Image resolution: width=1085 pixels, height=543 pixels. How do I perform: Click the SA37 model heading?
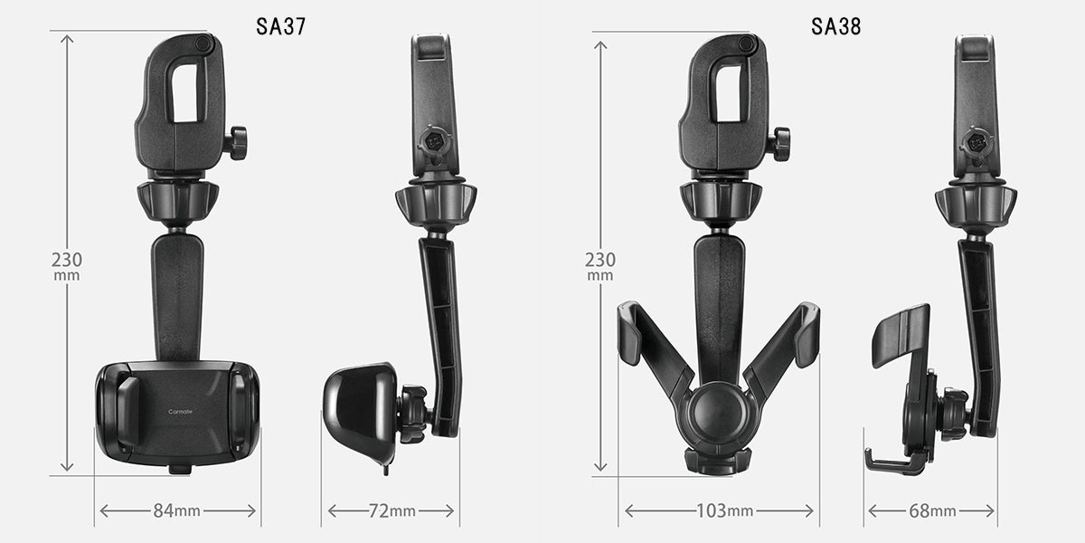click(281, 26)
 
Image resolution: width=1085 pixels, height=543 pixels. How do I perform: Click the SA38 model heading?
click(836, 26)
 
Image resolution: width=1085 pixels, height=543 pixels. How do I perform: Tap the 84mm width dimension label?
click(177, 510)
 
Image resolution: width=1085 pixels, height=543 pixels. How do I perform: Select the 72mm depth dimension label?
click(392, 510)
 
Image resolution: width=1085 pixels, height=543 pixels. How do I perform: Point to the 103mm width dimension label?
click(724, 510)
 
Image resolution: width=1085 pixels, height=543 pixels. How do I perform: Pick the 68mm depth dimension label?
click(932, 510)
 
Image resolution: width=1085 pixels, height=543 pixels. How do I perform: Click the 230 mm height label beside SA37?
click(67, 266)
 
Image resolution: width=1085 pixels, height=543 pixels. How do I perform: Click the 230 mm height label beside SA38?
click(600, 266)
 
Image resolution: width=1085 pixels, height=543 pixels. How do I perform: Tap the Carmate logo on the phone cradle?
click(180, 412)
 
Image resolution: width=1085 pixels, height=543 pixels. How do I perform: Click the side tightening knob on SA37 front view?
click(237, 143)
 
